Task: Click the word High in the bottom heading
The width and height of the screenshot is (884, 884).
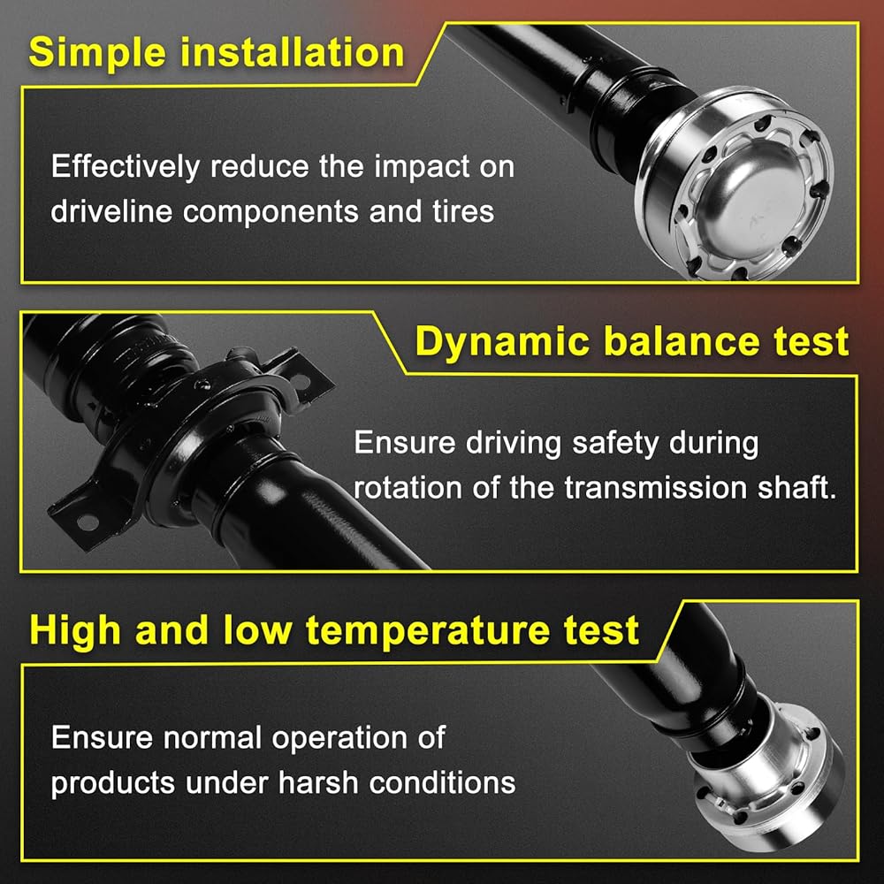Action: click(x=75, y=631)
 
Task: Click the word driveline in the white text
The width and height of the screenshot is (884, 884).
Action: click(x=111, y=211)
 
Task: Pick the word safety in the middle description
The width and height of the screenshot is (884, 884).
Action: click(x=615, y=444)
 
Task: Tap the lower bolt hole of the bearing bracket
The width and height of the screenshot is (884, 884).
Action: click(x=88, y=522)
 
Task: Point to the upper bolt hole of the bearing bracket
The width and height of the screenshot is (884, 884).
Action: click(x=301, y=382)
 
